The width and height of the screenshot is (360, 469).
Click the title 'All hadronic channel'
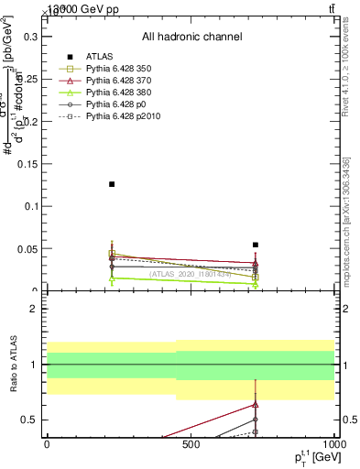coord(191,37)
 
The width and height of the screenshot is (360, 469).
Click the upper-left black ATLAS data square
coord(112,184)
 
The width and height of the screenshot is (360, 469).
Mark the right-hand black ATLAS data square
coord(256,245)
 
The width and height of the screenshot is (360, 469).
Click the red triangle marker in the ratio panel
coord(256,404)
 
